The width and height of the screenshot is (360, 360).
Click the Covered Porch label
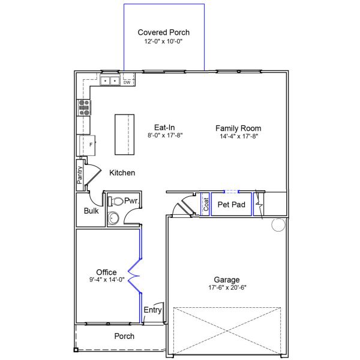pyautogui.click(x=163, y=32)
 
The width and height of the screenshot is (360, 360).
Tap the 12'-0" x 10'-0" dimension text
pyautogui.click(x=163, y=41)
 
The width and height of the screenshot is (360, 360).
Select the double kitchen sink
pyautogui.click(x=110, y=80)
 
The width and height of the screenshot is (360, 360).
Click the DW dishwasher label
pyautogui.click(x=127, y=82)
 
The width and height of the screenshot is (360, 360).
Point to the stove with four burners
pyautogui.click(x=84, y=107)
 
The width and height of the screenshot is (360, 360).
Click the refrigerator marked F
pyautogui.click(x=88, y=146)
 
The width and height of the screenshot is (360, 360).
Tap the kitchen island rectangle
pyautogui.click(x=124, y=134)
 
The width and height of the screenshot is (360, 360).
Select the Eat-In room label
pyautogui.click(x=164, y=127)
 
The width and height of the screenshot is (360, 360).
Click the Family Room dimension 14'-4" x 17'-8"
pyautogui.click(x=239, y=136)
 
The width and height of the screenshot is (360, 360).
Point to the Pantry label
pyautogui.click(x=80, y=175)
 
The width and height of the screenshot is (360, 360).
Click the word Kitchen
pyautogui.click(x=122, y=173)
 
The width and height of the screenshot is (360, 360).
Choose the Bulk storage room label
pyautogui.click(x=91, y=211)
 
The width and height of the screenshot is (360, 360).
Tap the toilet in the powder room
pyautogui.click(x=115, y=202)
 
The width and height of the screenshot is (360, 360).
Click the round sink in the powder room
pyautogui.click(x=113, y=218)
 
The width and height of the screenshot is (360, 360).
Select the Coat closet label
pyautogui.click(x=206, y=204)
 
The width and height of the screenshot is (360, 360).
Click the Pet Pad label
pyautogui.click(x=232, y=205)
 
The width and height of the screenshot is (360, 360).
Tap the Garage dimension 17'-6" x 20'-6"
pyautogui.click(x=227, y=287)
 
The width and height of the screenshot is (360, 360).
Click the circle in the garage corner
pyautogui.click(x=278, y=224)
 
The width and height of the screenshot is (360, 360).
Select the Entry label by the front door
pyautogui.click(x=152, y=310)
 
